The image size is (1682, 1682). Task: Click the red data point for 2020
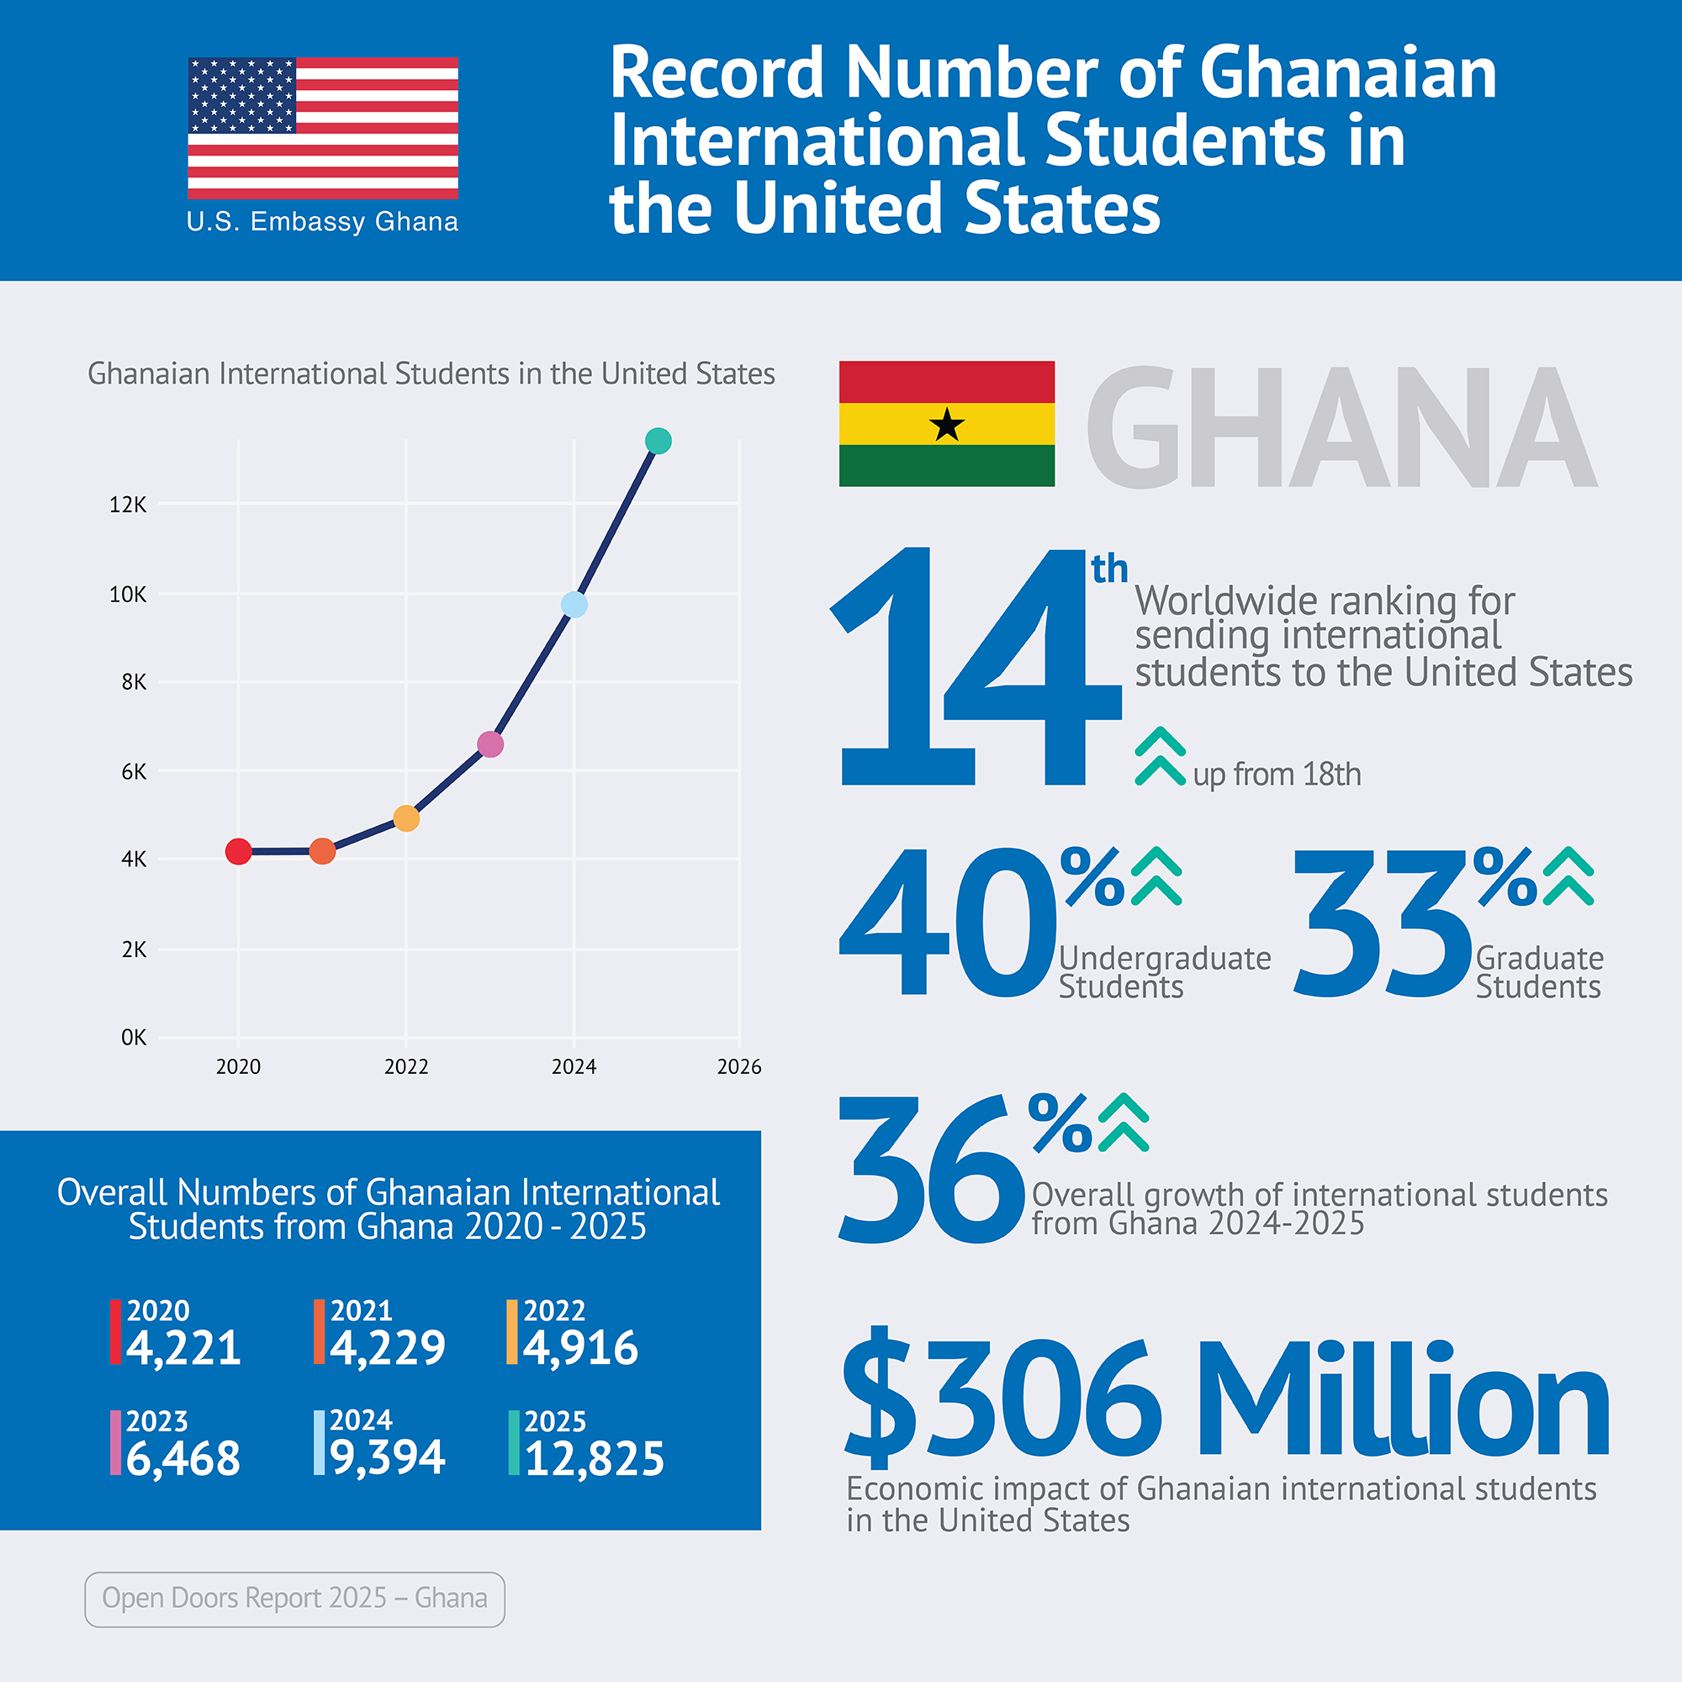pyautogui.click(x=239, y=851)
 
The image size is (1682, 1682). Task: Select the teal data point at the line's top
pyautogui.click(x=659, y=442)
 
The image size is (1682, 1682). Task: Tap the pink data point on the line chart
pyautogui.click(x=490, y=744)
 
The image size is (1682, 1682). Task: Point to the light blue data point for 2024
pyautogui.click(x=574, y=604)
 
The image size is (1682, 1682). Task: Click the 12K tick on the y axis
pyautogui.click(x=128, y=505)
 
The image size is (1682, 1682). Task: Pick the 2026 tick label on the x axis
pyautogui.click(x=738, y=1066)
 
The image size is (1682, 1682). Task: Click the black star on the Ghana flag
pyautogui.click(x=946, y=425)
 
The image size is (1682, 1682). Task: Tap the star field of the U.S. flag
pyautogui.click(x=242, y=95)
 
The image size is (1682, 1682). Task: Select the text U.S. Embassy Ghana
pyautogui.click(x=322, y=222)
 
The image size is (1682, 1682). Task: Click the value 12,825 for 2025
pyautogui.click(x=595, y=1459)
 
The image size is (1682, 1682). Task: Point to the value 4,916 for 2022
pyautogui.click(x=580, y=1347)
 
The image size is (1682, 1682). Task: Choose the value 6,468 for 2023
pyautogui.click(x=182, y=1459)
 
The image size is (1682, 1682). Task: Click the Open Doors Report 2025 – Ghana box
pyautogui.click(x=294, y=1599)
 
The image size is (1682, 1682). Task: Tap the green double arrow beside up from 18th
pyautogui.click(x=1160, y=757)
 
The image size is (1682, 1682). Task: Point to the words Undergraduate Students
pyautogui.click(x=1164, y=972)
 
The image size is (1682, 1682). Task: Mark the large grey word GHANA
pyautogui.click(x=1341, y=426)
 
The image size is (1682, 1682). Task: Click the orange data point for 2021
pyautogui.click(x=322, y=850)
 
